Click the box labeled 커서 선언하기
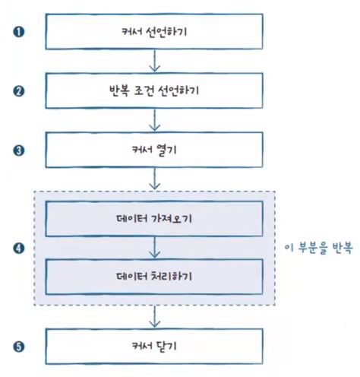coord(155,33)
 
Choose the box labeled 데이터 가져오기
coord(155,220)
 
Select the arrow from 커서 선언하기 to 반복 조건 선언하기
coord(155,62)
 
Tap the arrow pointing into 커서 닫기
coord(155,317)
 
